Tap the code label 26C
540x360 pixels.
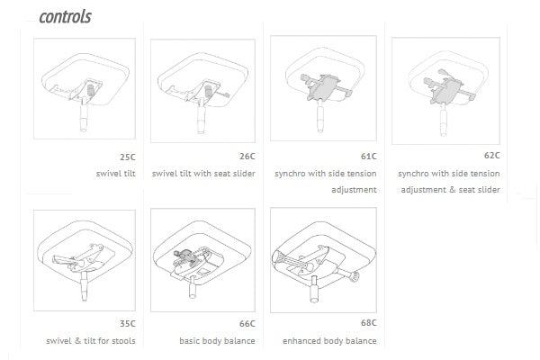click(245, 157)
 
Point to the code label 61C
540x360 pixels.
click(366, 157)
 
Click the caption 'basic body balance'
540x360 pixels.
click(217, 341)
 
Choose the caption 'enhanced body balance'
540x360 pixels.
click(330, 341)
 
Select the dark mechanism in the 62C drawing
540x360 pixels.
click(445, 87)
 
